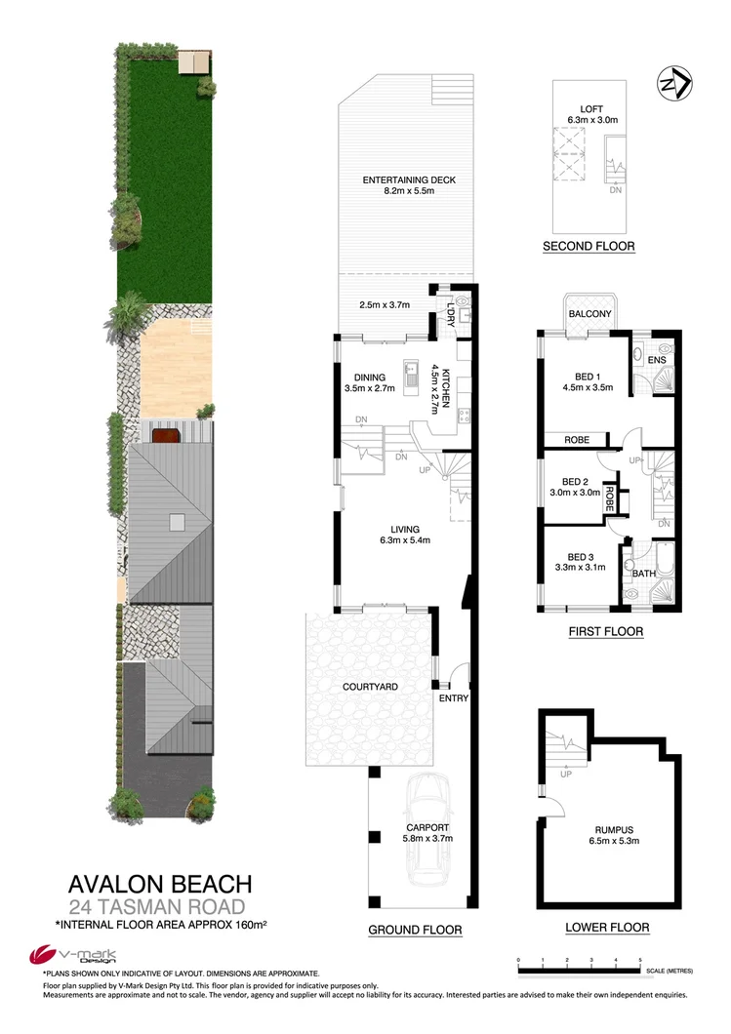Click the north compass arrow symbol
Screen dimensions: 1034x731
(674, 84)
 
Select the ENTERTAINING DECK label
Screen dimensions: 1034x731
(409, 180)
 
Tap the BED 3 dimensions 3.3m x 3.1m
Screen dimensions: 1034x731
(582, 567)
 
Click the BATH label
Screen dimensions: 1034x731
(644, 574)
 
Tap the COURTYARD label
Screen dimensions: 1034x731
(371, 687)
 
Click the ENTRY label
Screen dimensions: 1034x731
(454, 697)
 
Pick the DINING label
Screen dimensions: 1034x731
(365, 377)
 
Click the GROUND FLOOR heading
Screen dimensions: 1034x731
(415, 930)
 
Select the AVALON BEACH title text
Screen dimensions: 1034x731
(160, 884)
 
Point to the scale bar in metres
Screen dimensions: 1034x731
(579, 968)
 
